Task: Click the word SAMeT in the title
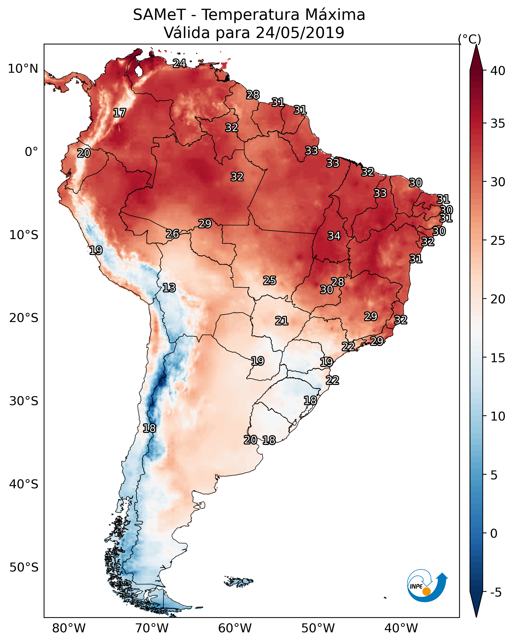pyautogui.click(x=159, y=15)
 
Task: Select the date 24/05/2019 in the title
pyautogui.click(x=300, y=33)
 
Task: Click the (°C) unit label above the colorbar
pyautogui.click(x=469, y=39)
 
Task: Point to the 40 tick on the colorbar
pyautogui.click(x=498, y=71)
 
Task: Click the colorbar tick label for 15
pyautogui.click(x=498, y=358)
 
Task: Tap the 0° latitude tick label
pyautogui.click(x=32, y=152)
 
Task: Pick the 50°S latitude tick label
pyautogui.click(x=24, y=568)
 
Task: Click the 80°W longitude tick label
pyautogui.click(x=69, y=628)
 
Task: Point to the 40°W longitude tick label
pyautogui.click(x=401, y=628)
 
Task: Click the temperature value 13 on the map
pyautogui.click(x=169, y=288)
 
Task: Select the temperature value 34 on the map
pyautogui.click(x=334, y=236)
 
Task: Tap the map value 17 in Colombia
pyautogui.click(x=120, y=113)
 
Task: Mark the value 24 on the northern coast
pyautogui.click(x=179, y=63)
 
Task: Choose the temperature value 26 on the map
pyautogui.click(x=172, y=234)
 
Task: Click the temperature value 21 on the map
pyautogui.click(x=282, y=321)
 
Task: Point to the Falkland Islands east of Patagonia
pyautogui.click(x=239, y=581)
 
